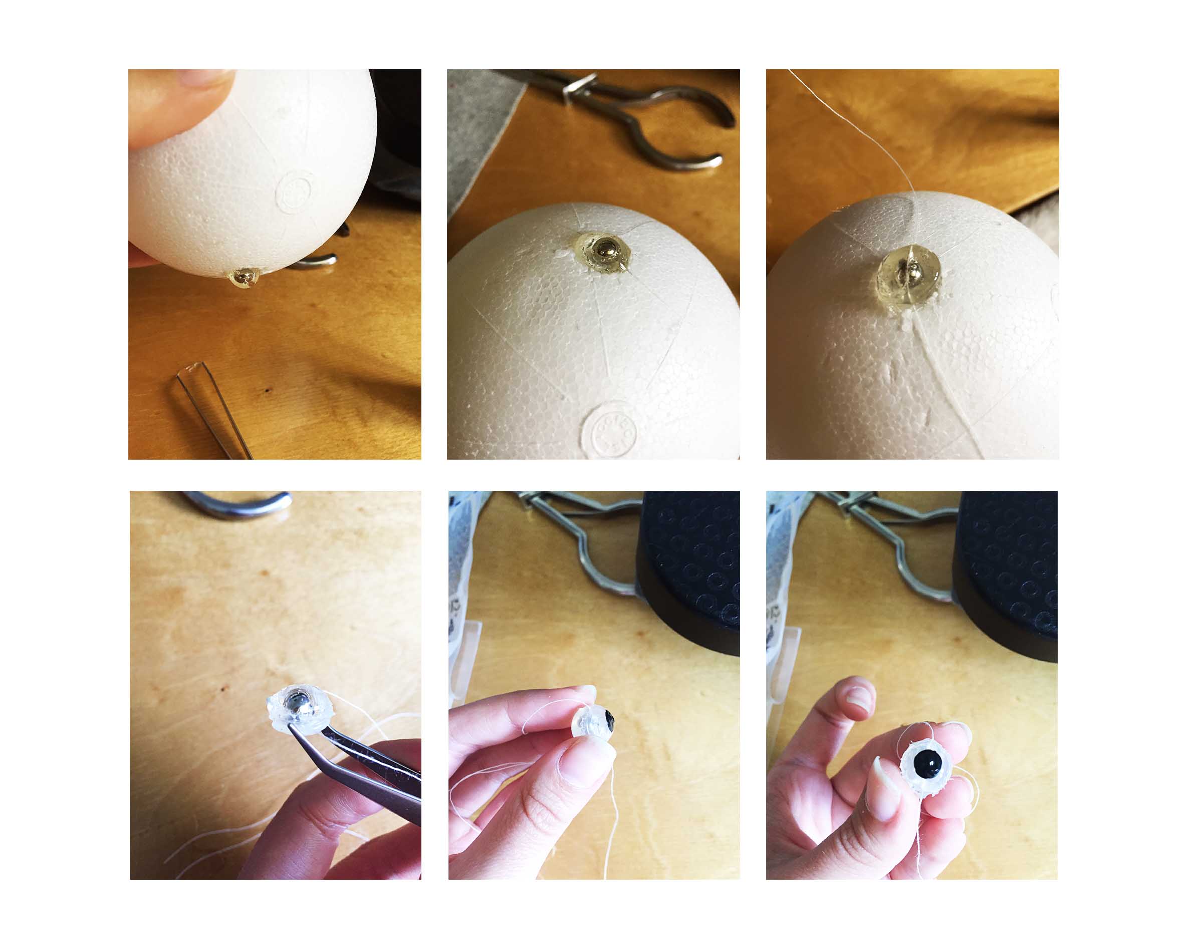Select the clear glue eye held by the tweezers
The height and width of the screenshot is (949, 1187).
pos(298,708)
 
